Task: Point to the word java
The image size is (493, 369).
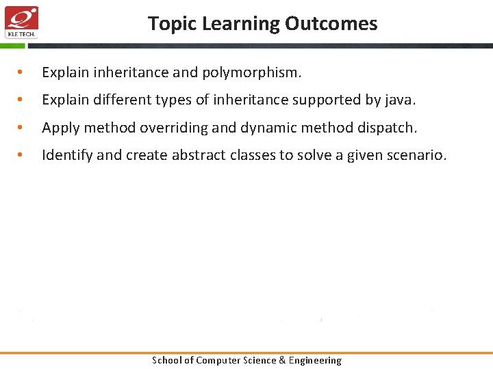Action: click(399, 100)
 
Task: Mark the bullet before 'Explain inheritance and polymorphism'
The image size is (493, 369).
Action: click(23, 72)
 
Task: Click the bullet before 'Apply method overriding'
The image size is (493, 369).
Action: click(23, 128)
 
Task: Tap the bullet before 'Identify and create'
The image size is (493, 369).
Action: click(23, 156)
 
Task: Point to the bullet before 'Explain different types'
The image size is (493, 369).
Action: click(23, 100)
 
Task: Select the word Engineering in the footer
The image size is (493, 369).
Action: click(315, 360)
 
